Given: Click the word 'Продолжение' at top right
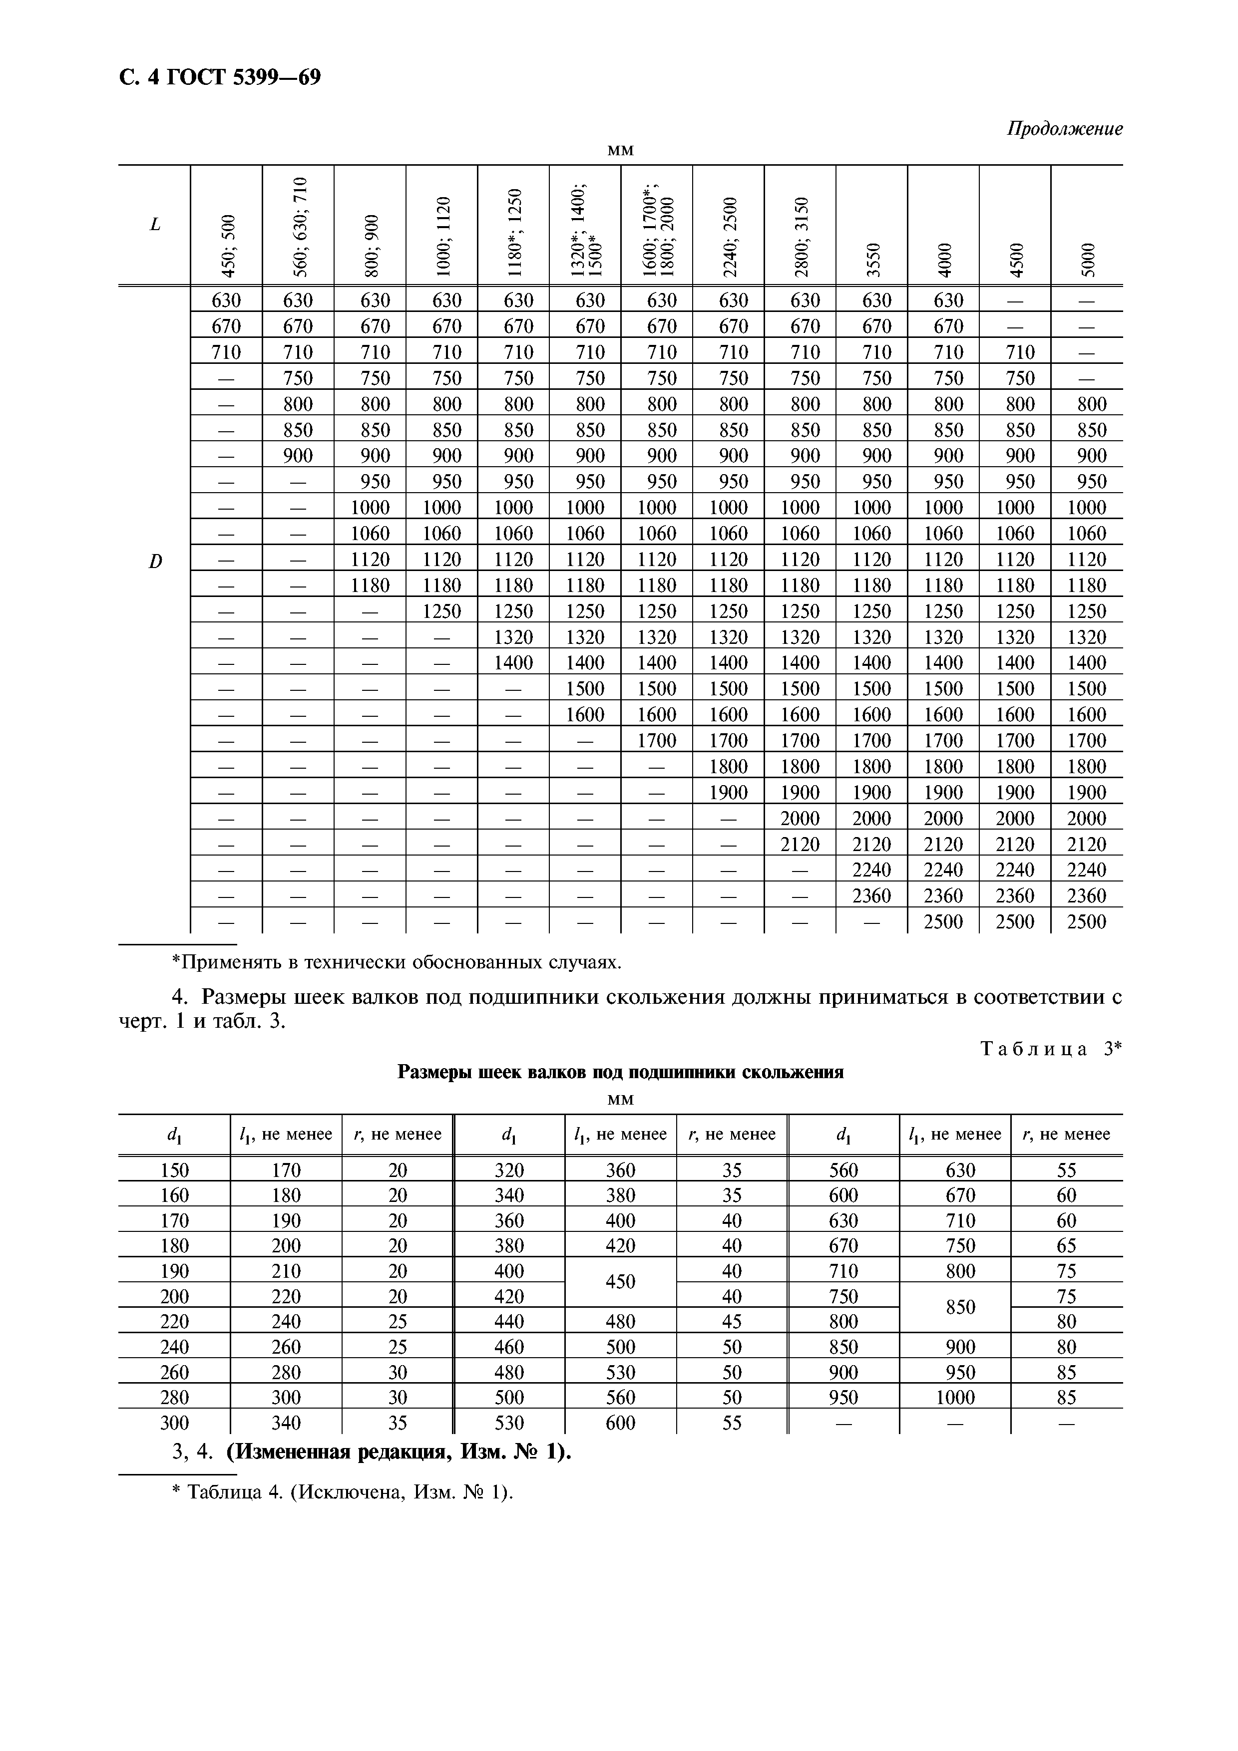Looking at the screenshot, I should click(1064, 129).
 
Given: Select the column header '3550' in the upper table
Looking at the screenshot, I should click(872, 259).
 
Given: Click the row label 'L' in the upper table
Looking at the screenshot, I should click(156, 224).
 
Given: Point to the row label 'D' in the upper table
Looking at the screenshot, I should click(156, 562).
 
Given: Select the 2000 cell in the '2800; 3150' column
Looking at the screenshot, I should click(800, 818).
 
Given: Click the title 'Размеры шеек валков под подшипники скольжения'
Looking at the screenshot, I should click(620, 1072).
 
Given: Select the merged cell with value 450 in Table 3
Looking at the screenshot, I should click(620, 1282).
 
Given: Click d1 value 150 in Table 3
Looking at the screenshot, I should click(175, 1170).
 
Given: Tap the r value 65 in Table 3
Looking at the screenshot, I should click(1066, 1245).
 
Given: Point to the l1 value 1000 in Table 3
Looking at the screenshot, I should click(955, 1397).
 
